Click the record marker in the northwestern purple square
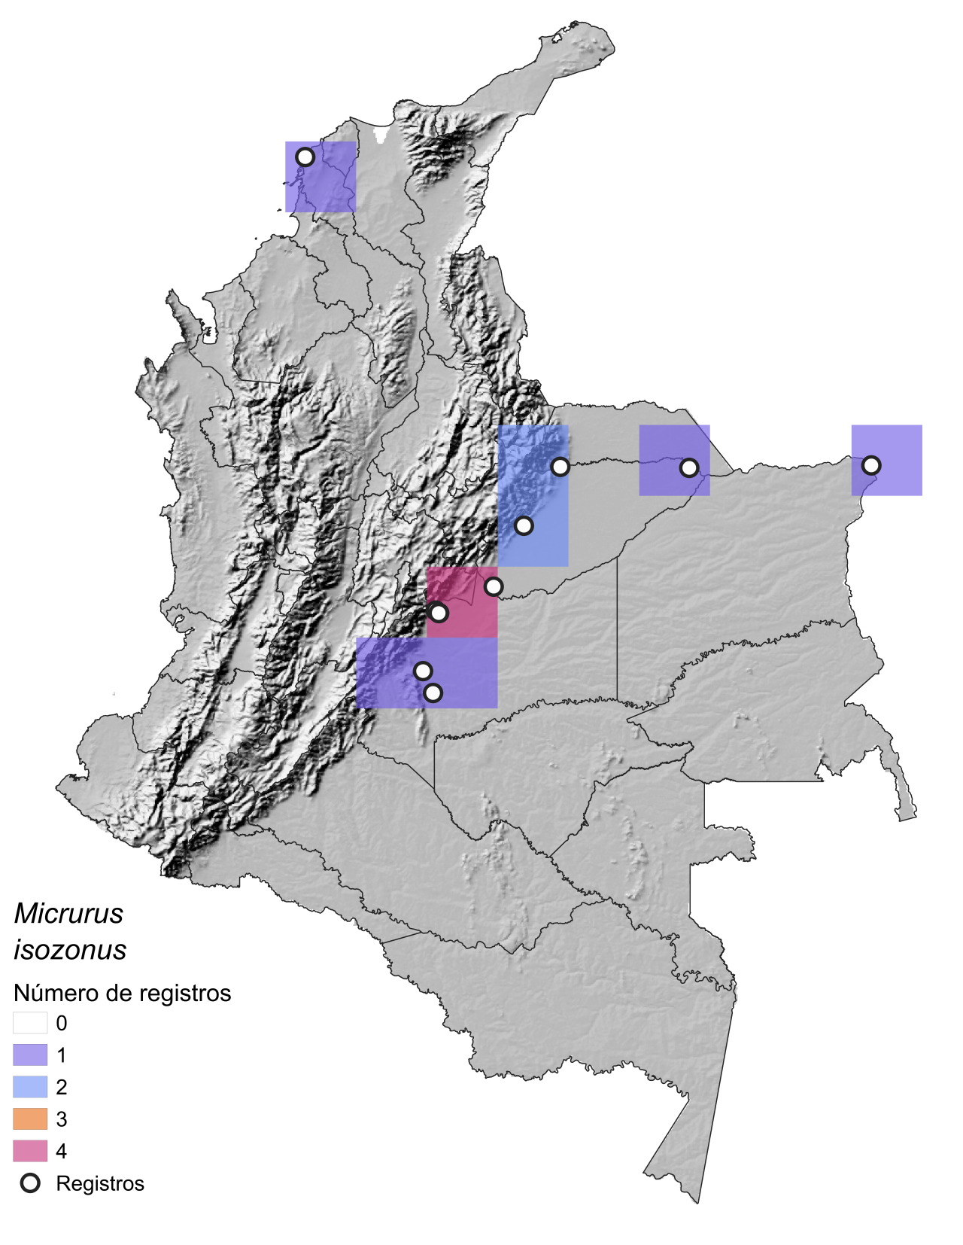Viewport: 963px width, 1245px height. (305, 157)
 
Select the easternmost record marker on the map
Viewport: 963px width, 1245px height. (870, 465)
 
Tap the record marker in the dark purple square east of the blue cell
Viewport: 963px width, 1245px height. (688, 468)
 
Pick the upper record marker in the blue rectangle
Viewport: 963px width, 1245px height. (560, 467)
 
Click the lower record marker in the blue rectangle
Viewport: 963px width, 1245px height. (524, 525)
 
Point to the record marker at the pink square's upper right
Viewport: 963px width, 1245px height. (493, 586)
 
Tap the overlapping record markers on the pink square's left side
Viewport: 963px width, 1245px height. (438, 613)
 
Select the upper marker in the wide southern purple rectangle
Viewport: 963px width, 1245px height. (423, 671)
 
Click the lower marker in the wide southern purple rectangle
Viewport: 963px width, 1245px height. (433, 693)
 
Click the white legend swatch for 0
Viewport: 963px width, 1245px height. (30, 1023)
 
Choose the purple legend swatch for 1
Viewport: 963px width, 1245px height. (30, 1055)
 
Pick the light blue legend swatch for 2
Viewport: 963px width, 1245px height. (30, 1087)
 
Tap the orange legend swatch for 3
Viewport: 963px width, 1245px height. (30, 1119)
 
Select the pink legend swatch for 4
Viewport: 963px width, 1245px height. (30, 1151)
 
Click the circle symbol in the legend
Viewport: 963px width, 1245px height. (30, 1183)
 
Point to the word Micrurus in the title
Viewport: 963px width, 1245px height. (68, 914)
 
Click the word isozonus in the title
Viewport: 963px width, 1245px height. (70, 950)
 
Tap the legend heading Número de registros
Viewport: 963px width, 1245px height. (122, 994)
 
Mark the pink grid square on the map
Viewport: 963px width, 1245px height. (462, 603)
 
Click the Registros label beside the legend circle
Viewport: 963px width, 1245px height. (100, 1184)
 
